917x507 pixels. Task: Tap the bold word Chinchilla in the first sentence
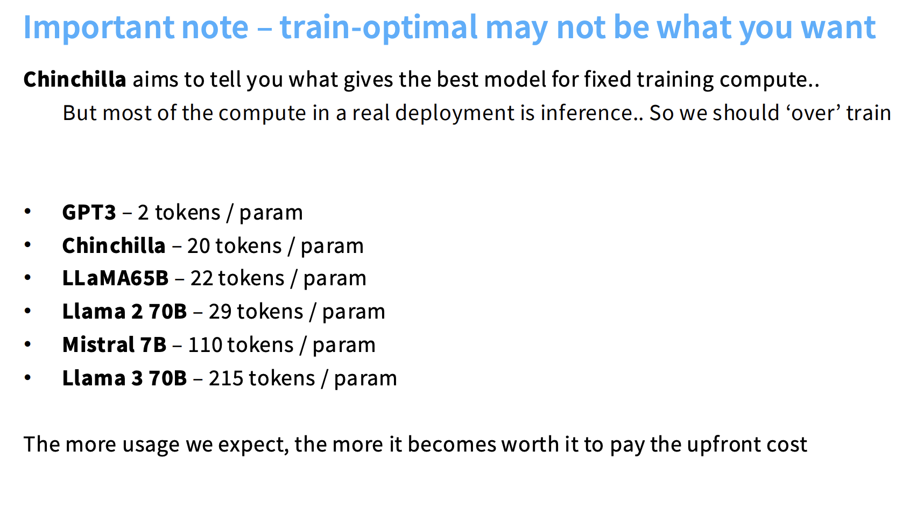point(74,79)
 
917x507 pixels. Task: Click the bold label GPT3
point(89,213)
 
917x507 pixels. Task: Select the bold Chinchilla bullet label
point(114,246)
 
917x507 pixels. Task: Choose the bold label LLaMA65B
point(115,278)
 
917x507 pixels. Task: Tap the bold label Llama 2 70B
point(124,312)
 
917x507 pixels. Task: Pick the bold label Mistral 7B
point(114,345)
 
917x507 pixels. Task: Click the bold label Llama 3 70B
point(124,378)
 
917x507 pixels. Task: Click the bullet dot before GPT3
point(27,212)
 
